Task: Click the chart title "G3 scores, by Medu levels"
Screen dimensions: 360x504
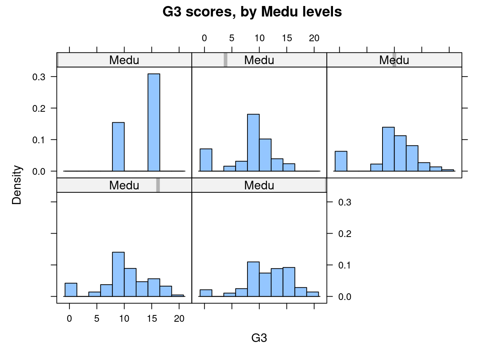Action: pos(252,12)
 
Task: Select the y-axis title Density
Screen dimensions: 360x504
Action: pos(17,185)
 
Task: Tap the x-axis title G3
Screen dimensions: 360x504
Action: pos(259,338)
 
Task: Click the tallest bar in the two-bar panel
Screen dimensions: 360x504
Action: pos(154,122)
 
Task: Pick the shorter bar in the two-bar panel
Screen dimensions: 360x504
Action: pos(118,147)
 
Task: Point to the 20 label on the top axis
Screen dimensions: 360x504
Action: pos(314,38)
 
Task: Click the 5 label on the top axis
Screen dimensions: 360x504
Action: pos(232,38)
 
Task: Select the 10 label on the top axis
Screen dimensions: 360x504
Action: pos(259,38)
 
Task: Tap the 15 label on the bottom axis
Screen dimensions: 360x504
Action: pos(152,319)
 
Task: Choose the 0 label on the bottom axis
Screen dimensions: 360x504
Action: pos(69,319)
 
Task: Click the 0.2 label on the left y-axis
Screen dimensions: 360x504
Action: pos(39,108)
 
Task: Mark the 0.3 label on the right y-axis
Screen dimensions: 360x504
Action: pos(345,202)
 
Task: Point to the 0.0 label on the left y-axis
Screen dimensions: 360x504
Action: pos(39,171)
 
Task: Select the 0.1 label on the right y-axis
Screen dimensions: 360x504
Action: pos(345,265)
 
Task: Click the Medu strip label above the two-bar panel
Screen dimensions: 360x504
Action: pos(124,60)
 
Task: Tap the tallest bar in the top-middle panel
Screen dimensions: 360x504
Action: pos(253,142)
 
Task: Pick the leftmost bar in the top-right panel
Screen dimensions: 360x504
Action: pos(341,161)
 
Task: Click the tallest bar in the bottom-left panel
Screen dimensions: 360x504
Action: pos(118,274)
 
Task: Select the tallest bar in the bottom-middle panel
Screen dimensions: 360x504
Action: pos(253,279)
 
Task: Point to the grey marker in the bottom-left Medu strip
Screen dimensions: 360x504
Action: pos(158,185)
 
